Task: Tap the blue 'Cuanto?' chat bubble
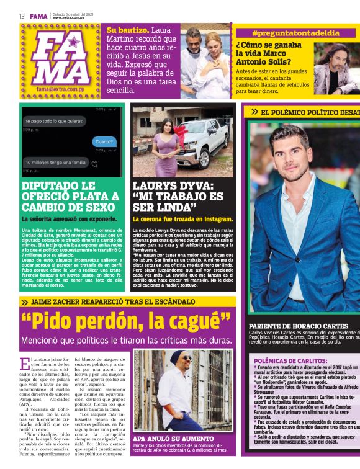104,141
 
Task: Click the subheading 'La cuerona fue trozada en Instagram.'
182,219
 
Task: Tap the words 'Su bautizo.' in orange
128,30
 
